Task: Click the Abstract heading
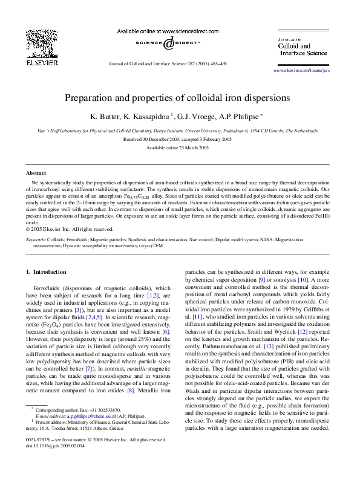tap(37, 173)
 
